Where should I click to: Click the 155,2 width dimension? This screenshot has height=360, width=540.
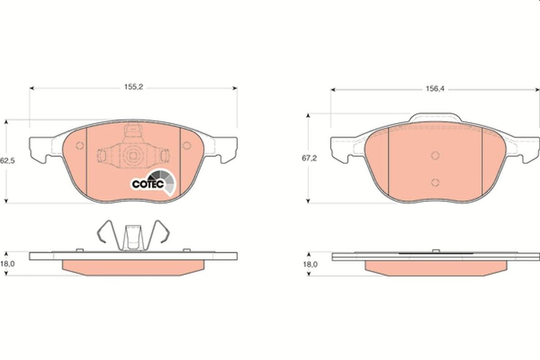[133, 87]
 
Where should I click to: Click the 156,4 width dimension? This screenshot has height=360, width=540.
[435, 89]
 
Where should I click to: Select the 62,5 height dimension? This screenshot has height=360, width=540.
[7, 160]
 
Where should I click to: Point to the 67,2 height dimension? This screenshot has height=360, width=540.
[309, 158]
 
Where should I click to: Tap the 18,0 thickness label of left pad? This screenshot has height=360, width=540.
[7, 264]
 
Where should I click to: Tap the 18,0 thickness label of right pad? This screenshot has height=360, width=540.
[310, 264]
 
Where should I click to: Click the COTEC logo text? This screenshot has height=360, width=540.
[148, 184]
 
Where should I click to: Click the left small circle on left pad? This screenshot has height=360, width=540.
[80, 145]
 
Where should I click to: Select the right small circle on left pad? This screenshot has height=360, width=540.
[187, 145]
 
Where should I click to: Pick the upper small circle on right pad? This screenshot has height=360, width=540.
[435, 155]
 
